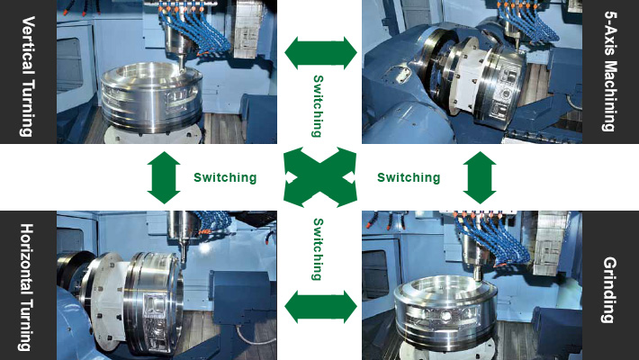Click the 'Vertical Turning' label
(x=27, y=76)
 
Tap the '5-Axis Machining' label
(x=610, y=71)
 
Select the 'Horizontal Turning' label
(x=27, y=287)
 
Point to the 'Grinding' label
(x=609, y=290)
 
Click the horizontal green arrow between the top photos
(x=320, y=53)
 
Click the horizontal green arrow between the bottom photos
(x=320, y=307)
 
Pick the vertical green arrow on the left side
(x=164, y=178)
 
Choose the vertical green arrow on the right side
(x=480, y=178)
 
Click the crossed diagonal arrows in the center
(x=320, y=177)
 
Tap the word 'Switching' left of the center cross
(x=225, y=178)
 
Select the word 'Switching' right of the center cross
(x=409, y=178)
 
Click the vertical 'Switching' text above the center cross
(x=319, y=106)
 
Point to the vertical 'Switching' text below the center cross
(x=319, y=249)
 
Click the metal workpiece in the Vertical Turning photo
(x=151, y=98)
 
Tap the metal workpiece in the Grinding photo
(x=446, y=312)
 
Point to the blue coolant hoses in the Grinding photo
(x=495, y=240)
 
